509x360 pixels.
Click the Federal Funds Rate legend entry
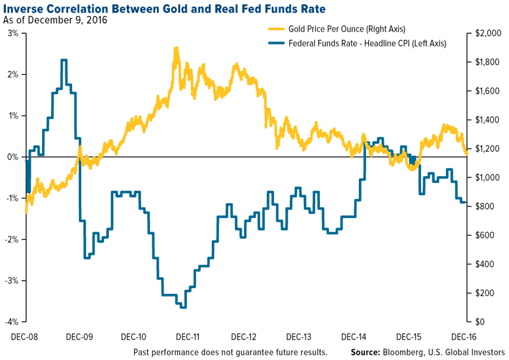(x=367, y=44)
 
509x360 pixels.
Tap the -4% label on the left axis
(x=11, y=322)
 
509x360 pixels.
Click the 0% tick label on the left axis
(x=13, y=157)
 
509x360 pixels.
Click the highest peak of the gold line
(x=176, y=48)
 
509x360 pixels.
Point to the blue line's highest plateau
(x=64, y=60)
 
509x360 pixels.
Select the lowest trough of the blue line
(x=183, y=307)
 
